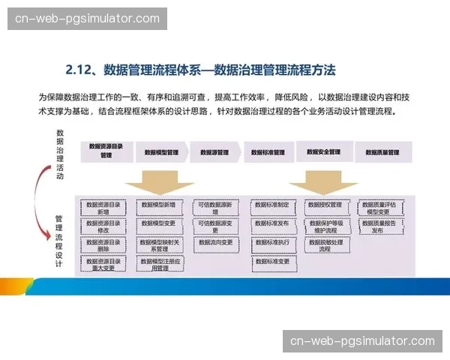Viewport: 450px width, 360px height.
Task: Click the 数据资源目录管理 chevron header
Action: (106, 151)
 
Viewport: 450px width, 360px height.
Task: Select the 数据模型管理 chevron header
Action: (160, 151)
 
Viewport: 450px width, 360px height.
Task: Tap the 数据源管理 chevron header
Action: (214, 151)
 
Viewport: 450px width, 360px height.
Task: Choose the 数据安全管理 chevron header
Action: (324, 151)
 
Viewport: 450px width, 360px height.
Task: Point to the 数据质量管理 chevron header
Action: (382, 151)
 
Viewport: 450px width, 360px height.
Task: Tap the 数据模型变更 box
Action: (159, 223)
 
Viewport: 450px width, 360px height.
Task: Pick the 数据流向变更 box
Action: (216, 242)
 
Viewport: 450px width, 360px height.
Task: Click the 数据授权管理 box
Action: (325, 204)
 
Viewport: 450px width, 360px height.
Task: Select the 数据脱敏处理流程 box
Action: (325, 246)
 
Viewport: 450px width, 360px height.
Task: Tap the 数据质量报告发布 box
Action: (382, 226)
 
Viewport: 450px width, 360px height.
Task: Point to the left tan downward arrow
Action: (159, 184)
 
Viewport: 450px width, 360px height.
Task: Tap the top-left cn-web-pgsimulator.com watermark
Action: (87, 18)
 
